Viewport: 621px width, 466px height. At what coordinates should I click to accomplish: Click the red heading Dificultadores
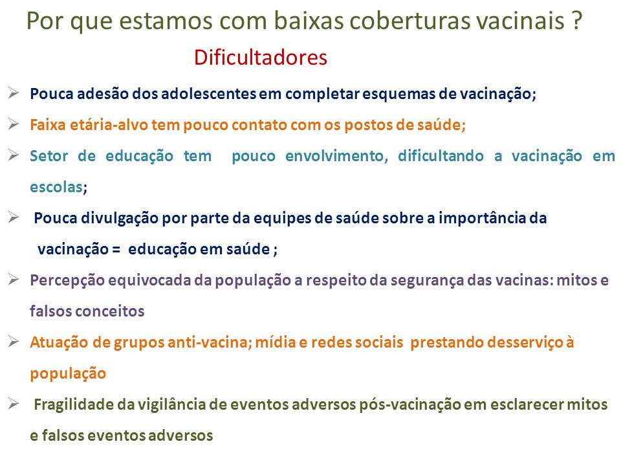260,58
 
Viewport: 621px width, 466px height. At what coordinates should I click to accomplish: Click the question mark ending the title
577,21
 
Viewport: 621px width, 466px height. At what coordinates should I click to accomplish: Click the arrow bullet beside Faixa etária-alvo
14,124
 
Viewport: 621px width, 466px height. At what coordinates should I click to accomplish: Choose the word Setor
49,156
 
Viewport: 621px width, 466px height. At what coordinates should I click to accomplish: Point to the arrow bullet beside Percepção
14,280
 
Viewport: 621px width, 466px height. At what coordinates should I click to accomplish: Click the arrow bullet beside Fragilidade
14,404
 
